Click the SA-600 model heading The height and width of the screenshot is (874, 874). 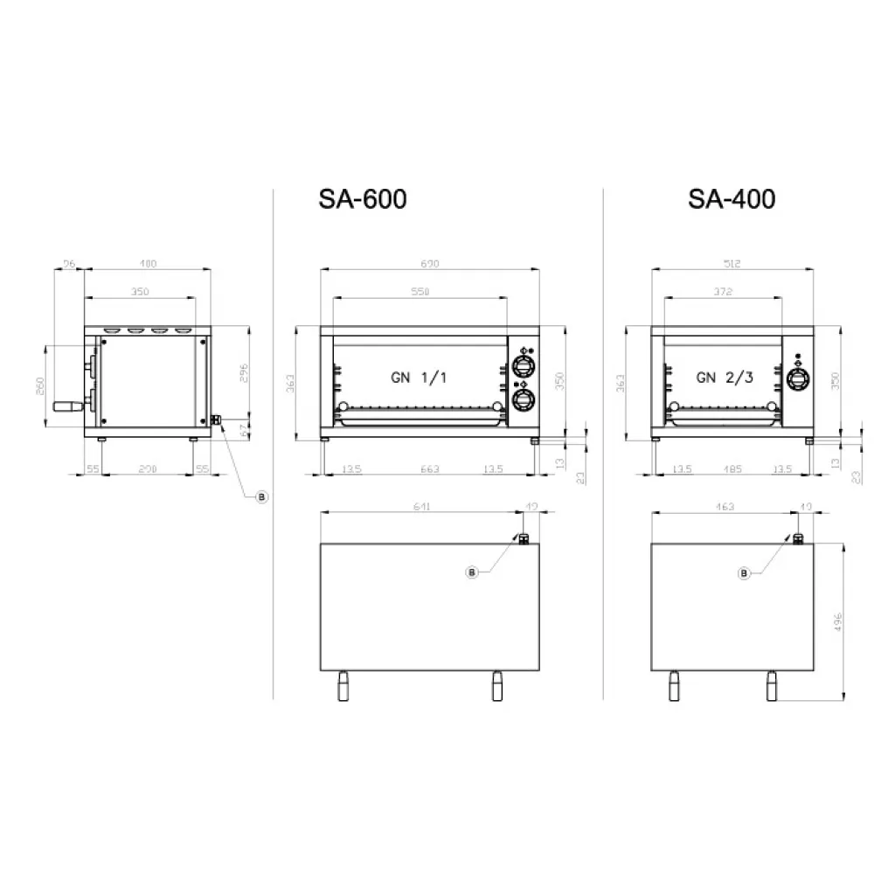(362, 200)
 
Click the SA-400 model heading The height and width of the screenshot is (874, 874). (732, 200)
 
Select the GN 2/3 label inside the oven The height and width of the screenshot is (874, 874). (722, 378)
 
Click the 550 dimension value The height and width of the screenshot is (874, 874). (421, 292)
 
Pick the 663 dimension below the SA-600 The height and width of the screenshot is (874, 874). (429, 469)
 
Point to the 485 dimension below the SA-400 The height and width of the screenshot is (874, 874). (732, 469)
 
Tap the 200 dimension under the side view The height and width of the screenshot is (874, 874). (148, 469)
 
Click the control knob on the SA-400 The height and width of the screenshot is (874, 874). (796, 378)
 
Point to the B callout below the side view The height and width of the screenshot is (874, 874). (260, 496)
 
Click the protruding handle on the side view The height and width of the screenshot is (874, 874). (66, 406)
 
